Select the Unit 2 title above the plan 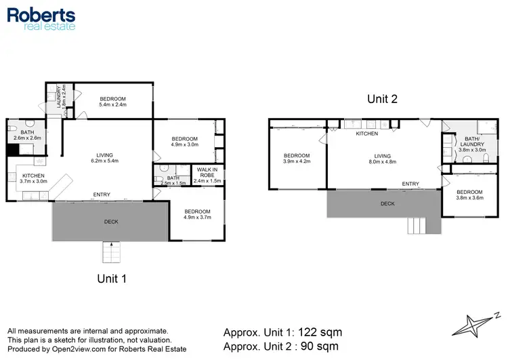(382, 99)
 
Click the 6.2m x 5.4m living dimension (104, 161)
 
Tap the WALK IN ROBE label (207, 173)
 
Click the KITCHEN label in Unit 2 (367, 134)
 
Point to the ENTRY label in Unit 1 (102, 195)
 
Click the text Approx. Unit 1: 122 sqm (282, 332)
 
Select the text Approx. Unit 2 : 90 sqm (281, 347)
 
